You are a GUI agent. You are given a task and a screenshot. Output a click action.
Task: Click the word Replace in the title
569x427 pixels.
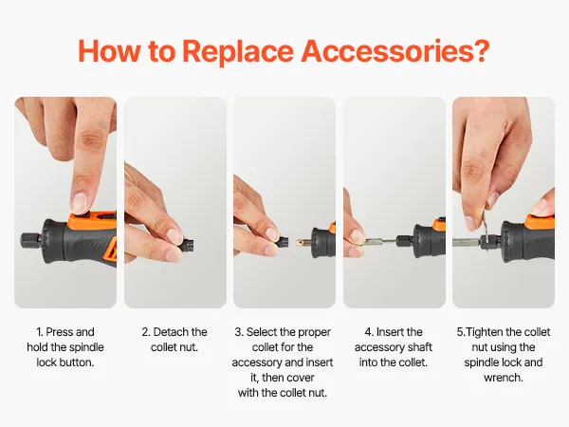point(238,51)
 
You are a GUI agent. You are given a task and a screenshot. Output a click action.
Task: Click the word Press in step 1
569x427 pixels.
point(60,332)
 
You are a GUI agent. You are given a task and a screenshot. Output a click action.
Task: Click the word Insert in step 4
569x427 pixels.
point(390,332)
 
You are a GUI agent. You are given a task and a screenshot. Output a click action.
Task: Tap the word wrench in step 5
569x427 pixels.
point(503,378)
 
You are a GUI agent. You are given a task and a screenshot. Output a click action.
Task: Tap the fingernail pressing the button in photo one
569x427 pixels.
point(80,203)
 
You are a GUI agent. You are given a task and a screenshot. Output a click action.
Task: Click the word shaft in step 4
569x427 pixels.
point(420,347)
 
